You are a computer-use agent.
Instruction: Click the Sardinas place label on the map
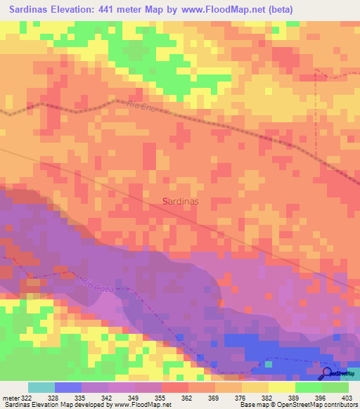click(x=180, y=202)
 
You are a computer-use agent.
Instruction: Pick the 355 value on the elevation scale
click(x=161, y=398)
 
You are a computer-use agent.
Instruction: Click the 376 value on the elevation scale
click(x=241, y=398)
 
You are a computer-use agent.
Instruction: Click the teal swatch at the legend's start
click(x=41, y=387)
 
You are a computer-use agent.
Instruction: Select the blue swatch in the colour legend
click(x=67, y=387)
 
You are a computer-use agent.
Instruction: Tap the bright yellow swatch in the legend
click(x=282, y=387)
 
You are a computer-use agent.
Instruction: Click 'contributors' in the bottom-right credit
click(x=337, y=405)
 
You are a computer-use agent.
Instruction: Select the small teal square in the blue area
click(x=268, y=364)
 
